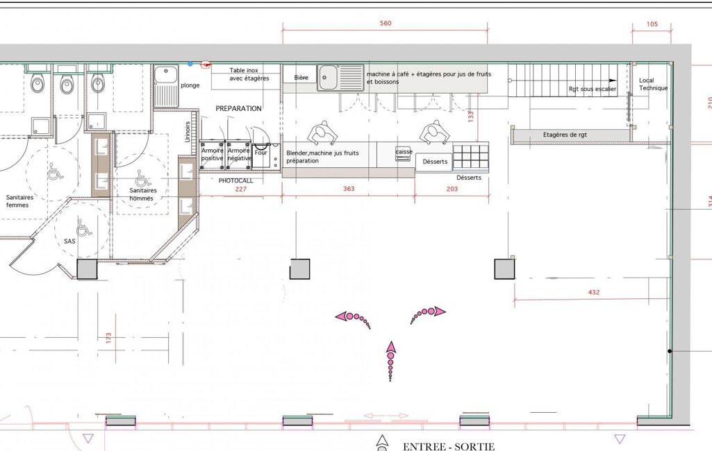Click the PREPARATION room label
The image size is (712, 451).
tap(238, 108)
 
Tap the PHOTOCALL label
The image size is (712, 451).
tap(235, 180)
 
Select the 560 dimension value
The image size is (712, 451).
tap(386, 23)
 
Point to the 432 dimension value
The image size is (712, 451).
tap(594, 292)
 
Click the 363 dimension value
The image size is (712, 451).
tap(349, 189)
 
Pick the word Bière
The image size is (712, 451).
tap(301, 78)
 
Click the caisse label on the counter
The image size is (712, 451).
tap(404, 152)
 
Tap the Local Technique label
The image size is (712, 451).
tap(653, 84)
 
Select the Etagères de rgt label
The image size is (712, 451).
tap(565, 135)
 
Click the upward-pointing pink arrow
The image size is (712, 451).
tap(391, 361)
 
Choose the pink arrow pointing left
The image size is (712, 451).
tap(353, 318)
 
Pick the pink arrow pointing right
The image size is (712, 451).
tap(428, 314)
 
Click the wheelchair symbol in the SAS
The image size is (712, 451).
tap(84, 228)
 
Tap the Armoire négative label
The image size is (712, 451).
tap(239, 154)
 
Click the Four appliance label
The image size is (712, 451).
tap(260, 153)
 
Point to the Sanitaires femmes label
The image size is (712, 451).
tap(19, 201)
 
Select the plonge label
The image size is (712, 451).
tap(190, 85)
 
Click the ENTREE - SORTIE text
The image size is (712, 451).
tap(449, 446)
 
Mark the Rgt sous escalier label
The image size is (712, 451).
tap(593, 89)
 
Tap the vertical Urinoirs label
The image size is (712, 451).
tap(188, 132)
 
